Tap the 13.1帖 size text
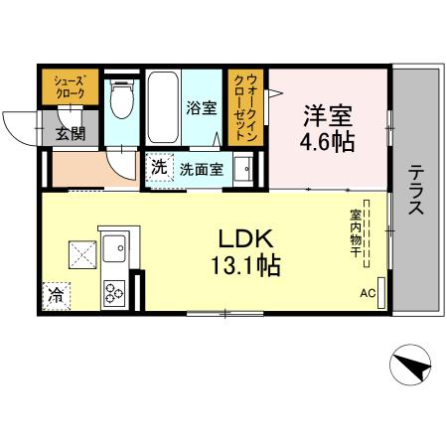(x=244, y=265)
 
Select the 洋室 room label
(x=329, y=115)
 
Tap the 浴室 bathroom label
(x=202, y=107)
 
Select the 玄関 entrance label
(x=70, y=132)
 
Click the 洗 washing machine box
(x=159, y=168)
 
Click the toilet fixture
(x=122, y=99)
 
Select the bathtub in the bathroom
(x=162, y=107)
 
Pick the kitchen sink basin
(x=113, y=243)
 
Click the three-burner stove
(x=113, y=291)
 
